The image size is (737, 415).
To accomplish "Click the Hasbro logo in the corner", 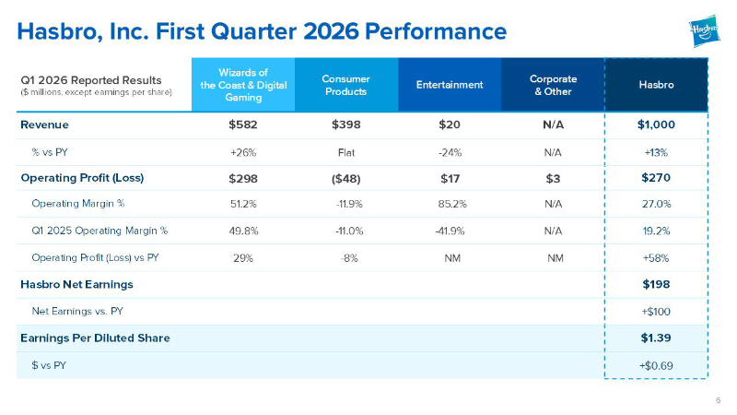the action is tap(704, 30).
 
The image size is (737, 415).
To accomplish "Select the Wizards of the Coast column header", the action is tap(243, 85).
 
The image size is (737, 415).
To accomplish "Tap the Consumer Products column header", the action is tap(346, 85).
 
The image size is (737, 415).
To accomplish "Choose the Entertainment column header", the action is tap(450, 85).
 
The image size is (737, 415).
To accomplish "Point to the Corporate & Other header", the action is tap(554, 85).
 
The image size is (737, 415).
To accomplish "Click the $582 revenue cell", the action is tap(243, 125).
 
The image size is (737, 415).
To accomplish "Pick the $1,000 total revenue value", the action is tap(656, 125).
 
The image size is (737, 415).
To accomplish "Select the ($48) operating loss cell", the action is tap(346, 179).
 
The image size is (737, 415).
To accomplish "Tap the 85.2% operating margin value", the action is tap(452, 204).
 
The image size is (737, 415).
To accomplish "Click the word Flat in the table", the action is tap(346, 153).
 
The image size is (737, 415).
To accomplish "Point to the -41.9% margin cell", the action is tap(450, 231).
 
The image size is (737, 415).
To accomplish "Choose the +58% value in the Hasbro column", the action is tap(656, 258).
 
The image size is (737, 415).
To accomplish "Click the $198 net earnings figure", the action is tap(656, 284).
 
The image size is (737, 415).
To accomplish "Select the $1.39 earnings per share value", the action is tap(656, 338).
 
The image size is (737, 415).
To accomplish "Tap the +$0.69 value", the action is tap(656, 365).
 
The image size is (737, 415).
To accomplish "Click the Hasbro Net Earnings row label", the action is tap(76, 285).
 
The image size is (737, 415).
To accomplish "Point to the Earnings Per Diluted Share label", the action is tap(96, 338).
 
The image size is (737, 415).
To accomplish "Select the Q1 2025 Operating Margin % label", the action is tap(99, 231).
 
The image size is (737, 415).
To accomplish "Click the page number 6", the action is tap(718, 400).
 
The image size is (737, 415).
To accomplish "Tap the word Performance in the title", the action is tap(436, 31).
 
